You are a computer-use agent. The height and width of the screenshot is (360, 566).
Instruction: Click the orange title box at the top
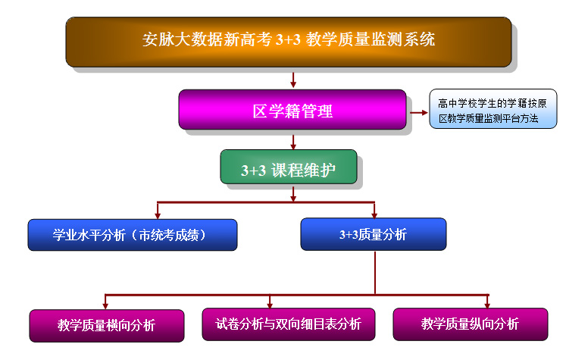click(289, 42)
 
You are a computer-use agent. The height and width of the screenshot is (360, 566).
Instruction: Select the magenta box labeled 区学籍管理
click(292, 109)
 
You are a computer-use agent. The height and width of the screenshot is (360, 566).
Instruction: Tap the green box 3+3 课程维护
click(289, 167)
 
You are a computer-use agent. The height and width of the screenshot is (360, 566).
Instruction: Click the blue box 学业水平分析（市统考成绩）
click(133, 235)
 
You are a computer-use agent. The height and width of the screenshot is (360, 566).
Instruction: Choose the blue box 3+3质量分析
click(374, 234)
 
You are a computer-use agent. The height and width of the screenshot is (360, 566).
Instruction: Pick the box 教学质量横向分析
click(107, 325)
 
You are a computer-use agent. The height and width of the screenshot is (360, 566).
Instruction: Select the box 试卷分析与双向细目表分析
click(289, 324)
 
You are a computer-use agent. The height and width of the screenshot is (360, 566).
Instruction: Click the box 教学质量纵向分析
click(471, 324)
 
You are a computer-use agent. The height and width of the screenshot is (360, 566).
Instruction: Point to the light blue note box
click(493, 108)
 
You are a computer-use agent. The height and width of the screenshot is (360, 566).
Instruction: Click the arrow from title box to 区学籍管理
click(293, 80)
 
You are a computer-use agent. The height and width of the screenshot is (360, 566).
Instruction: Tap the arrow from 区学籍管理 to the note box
click(419, 113)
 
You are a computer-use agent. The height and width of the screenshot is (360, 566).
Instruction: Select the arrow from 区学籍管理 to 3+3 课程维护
click(293, 142)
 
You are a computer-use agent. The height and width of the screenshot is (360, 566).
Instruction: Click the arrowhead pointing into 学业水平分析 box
click(158, 215)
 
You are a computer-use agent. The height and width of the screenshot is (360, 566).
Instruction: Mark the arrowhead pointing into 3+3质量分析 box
click(374, 214)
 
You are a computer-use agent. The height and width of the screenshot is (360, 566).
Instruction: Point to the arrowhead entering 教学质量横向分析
click(105, 306)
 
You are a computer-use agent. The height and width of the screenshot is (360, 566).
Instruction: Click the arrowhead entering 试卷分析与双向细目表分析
click(270, 305)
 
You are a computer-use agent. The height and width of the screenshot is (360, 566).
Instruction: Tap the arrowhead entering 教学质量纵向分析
click(487, 305)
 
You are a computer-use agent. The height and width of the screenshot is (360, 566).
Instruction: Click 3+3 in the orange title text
click(288, 39)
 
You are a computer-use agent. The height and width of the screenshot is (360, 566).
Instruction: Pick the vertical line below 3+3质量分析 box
click(375, 273)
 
